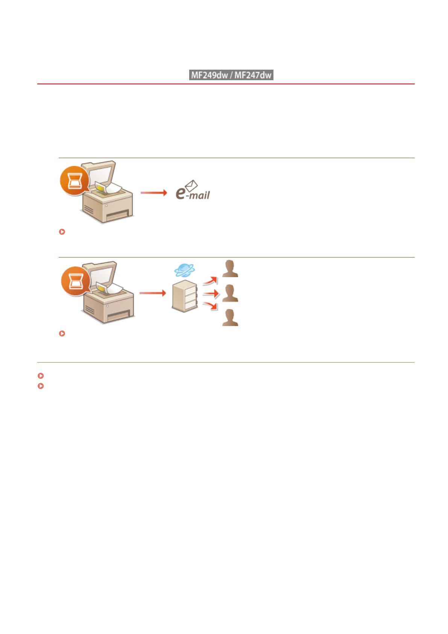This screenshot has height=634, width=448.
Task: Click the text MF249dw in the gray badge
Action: pyautogui.click(x=210, y=75)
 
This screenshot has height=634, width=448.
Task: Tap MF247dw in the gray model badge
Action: pyautogui.click(x=253, y=75)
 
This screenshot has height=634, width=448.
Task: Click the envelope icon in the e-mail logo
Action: pyautogui.click(x=191, y=185)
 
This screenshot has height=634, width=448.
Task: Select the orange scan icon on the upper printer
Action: pyautogui.click(x=74, y=181)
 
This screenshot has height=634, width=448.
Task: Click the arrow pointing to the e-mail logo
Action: pyautogui.click(x=153, y=193)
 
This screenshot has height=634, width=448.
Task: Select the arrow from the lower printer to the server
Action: pyautogui.click(x=152, y=293)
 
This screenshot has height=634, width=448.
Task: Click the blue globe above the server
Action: pyautogui.click(x=184, y=270)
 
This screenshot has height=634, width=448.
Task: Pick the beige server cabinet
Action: pyautogui.click(x=184, y=296)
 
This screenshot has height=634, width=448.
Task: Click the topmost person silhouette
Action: pyautogui.click(x=230, y=269)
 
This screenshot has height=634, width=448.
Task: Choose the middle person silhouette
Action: pyautogui.click(x=230, y=293)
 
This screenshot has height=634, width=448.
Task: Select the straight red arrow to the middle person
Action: pyautogui.click(x=211, y=293)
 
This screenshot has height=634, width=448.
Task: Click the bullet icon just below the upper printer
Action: pyautogui.click(x=62, y=232)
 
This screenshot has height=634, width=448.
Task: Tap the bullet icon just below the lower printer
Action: pyautogui.click(x=62, y=334)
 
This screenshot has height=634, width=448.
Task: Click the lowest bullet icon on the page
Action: pyautogui.click(x=41, y=386)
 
